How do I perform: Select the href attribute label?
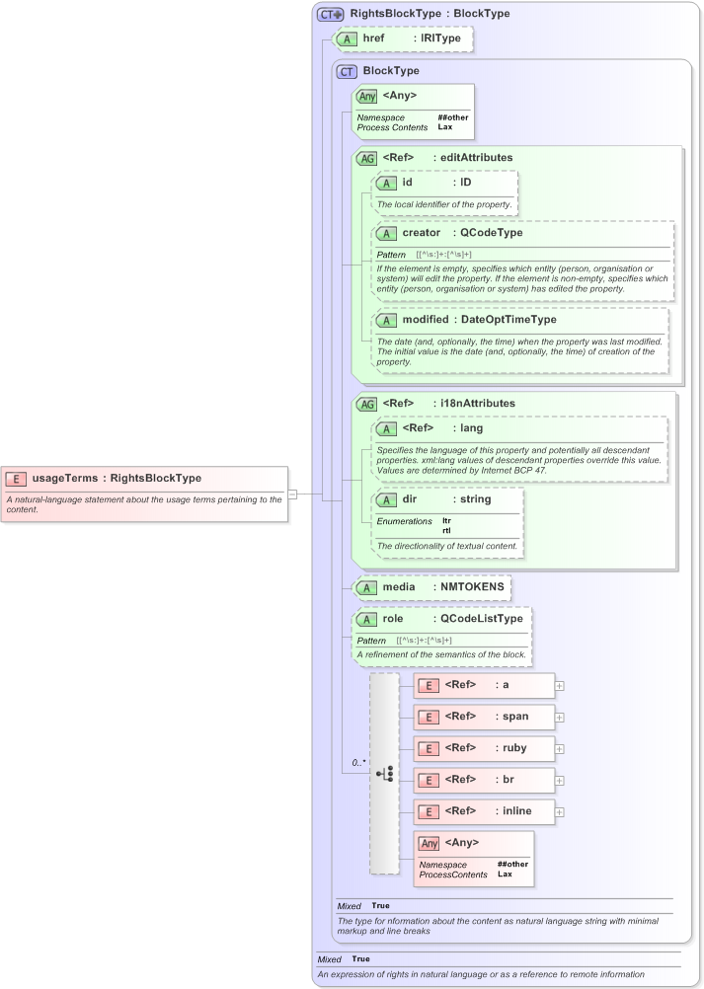pos(373,38)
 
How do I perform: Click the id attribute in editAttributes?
pos(407,183)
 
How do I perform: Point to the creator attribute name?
pos(421,233)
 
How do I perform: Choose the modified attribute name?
pos(425,320)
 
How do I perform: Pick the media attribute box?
pos(432,587)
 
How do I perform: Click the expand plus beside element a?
pos(560,685)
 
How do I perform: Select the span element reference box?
pos(484,717)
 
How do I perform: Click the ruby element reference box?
pos(484,748)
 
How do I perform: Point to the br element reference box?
pos(484,780)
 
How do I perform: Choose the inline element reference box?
pos(484,811)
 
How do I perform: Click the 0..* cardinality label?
pos(358,763)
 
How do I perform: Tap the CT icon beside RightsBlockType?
pos(330,15)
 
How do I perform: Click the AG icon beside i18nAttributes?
pos(366,404)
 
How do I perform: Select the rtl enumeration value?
pos(446,530)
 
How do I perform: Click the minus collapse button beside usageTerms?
pos(292,494)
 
